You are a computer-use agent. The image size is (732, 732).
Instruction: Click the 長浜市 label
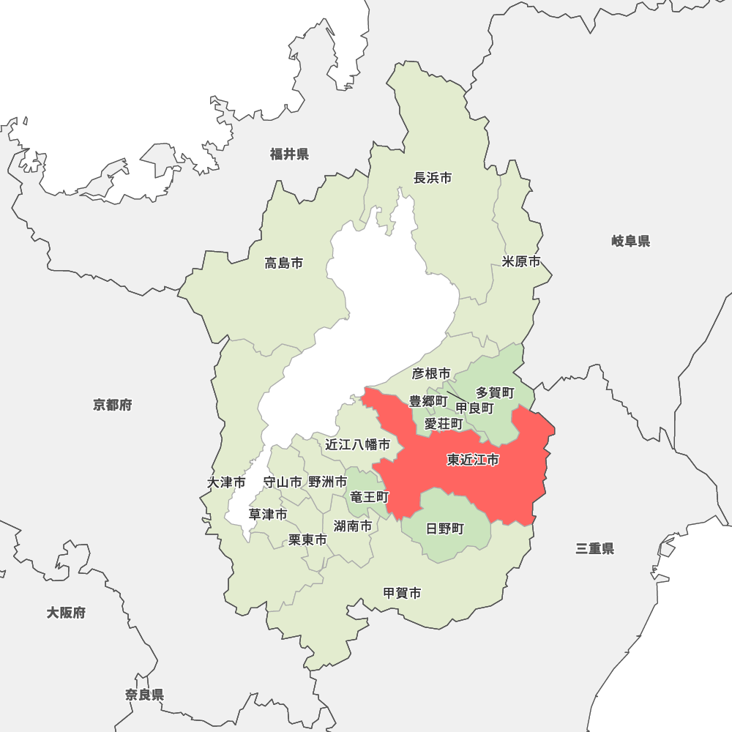click(x=433, y=178)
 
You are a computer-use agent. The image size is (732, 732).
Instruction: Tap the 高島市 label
click(x=284, y=264)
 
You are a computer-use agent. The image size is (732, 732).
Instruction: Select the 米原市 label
click(x=521, y=262)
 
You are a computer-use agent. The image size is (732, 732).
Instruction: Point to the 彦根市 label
click(x=431, y=374)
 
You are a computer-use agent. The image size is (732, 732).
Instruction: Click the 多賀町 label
click(x=495, y=393)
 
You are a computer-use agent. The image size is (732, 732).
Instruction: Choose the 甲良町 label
click(x=474, y=408)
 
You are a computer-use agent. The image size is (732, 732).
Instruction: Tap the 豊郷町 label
click(x=427, y=401)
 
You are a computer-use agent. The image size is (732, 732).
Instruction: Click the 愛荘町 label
click(x=444, y=424)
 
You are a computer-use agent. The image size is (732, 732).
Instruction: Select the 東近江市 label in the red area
click(x=473, y=460)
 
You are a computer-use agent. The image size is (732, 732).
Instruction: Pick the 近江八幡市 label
click(x=358, y=444)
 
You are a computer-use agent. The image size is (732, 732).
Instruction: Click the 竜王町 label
click(x=370, y=497)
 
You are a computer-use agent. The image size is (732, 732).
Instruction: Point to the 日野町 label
click(x=445, y=529)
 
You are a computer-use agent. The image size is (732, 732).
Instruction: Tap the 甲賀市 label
click(x=402, y=594)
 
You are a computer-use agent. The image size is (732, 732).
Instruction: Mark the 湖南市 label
click(x=353, y=526)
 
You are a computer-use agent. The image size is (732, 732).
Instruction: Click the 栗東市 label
click(x=307, y=540)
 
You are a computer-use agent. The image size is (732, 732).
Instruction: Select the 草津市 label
click(x=267, y=515)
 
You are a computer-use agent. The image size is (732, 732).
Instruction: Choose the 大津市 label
click(x=226, y=483)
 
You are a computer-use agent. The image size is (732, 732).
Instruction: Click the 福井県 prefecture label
click(x=289, y=154)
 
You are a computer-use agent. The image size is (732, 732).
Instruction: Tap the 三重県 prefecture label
click(x=594, y=549)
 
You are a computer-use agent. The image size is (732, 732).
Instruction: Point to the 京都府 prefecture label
click(x=113, y=405)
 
